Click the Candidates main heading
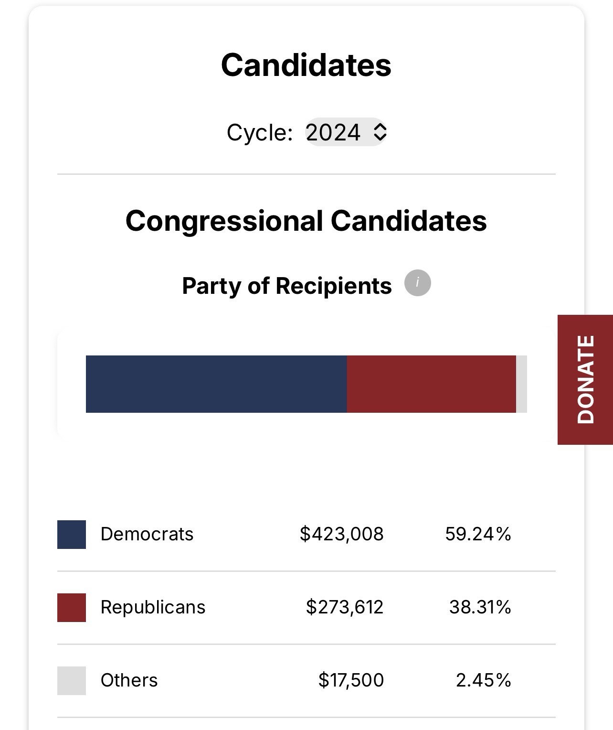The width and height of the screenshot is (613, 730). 306,65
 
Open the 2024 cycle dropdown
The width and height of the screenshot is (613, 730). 346,132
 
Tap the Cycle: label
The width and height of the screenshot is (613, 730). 259,132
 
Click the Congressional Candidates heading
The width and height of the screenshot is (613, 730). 306,221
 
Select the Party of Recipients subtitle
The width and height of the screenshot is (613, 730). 286,286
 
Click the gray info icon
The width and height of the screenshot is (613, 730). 418,283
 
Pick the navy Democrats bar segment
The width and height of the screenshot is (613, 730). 216,384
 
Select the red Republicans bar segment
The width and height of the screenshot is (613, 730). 432,384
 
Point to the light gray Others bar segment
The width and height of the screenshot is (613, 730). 521,384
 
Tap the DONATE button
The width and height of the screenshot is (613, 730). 585,380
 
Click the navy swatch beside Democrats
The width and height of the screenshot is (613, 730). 72,535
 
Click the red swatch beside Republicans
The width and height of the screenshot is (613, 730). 72,608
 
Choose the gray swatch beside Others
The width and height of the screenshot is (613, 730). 72,681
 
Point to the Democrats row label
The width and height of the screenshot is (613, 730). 147,534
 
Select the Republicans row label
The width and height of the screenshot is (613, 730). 153,607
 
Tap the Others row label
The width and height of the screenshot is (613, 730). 129,680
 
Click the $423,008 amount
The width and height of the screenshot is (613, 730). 341,534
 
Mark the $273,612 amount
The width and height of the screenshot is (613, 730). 344,607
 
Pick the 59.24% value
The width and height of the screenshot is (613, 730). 478,534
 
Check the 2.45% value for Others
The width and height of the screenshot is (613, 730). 483,680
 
